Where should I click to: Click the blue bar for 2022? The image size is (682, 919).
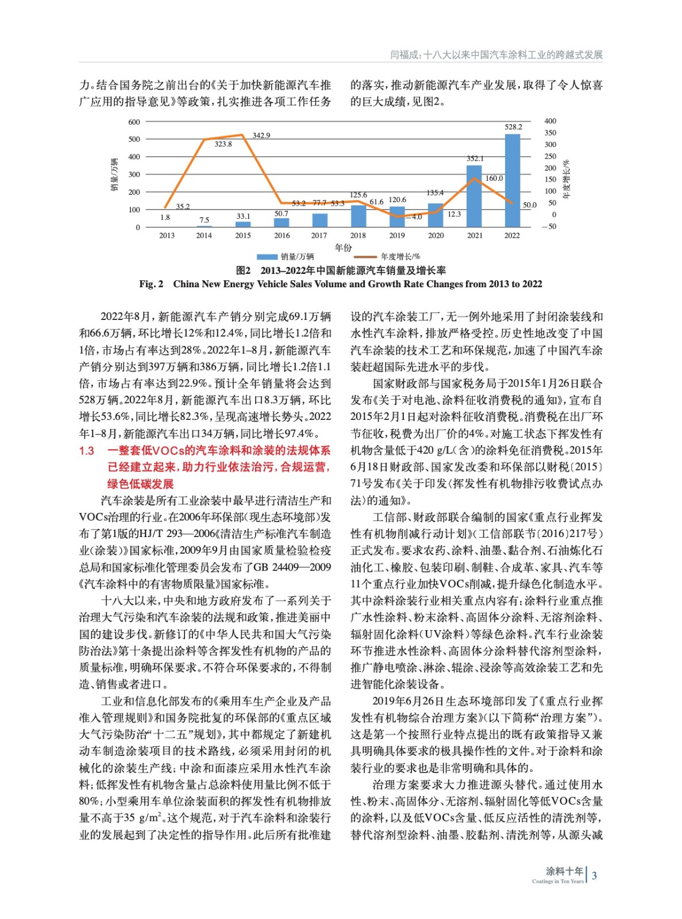pos(513,181)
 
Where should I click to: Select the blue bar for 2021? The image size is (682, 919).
pos(474,196)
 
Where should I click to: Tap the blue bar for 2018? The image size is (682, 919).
pos(358,215)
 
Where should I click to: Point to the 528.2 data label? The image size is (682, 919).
pos(513,127)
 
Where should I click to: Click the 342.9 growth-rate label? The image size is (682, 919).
pos(261,136)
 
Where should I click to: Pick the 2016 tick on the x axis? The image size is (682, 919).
pos(282,235)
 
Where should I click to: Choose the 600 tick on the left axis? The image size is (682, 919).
pos(134,122)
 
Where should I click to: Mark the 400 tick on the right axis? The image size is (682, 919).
pos(550,121)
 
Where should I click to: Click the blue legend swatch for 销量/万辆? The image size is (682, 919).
pos(267,257)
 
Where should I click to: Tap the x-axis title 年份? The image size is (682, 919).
pos(343,248)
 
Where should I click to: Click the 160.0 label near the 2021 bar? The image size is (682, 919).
pos(494,179)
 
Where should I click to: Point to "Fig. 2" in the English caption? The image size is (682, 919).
pos(151,284)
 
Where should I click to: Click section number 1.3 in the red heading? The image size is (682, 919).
pos(87,451)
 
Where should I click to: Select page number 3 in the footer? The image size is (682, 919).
pos(595,875)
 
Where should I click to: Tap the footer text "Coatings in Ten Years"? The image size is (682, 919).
pos(557,881)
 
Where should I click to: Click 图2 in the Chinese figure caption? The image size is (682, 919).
pos(244,271)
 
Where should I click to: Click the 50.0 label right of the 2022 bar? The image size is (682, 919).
pos(529,205)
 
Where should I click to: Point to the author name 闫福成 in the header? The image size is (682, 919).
pos(404,55)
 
